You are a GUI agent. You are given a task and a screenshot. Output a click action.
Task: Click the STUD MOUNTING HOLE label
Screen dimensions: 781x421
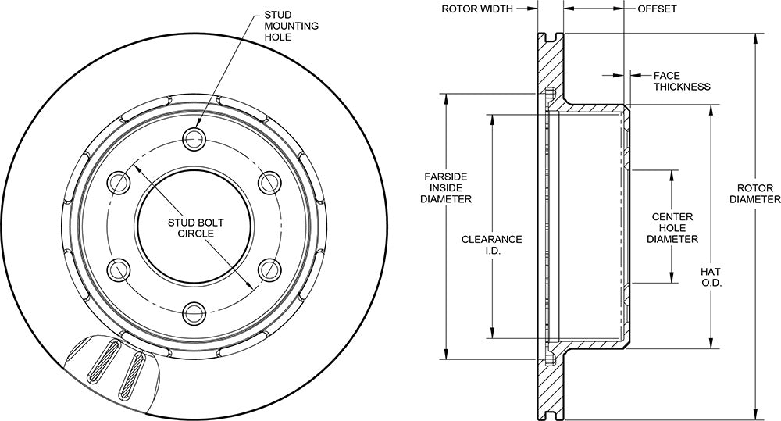click(291, 26)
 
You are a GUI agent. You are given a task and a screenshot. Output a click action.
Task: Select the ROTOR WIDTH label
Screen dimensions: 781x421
click(477, 9)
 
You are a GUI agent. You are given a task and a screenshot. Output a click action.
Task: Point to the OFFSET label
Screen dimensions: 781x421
click(657, 9)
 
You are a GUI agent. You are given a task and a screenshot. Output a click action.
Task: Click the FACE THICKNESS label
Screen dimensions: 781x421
click(682, 81)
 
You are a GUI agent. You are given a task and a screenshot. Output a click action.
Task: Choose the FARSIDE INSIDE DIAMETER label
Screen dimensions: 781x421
click(446, 187)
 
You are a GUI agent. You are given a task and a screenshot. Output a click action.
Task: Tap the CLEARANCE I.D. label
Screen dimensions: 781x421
click(492, 244)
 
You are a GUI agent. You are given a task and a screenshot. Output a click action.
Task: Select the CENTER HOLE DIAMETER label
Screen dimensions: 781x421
click(672, 228)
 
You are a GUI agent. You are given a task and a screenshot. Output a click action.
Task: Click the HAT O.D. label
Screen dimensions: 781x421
click(711, 277)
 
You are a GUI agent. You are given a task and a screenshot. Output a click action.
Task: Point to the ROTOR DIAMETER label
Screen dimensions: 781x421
click(754, 194)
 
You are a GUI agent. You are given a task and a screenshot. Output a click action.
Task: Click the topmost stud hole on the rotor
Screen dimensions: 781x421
click(194, 137)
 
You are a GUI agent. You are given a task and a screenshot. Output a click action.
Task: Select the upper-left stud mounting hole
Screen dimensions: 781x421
click(119, 181)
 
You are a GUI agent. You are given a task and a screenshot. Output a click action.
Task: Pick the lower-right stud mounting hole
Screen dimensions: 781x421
click(269, 269)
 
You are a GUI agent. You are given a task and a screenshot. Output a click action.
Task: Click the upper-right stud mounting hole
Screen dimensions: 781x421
click(269, 181)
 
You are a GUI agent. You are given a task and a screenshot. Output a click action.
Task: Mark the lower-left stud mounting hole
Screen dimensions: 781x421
click(119, 269)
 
